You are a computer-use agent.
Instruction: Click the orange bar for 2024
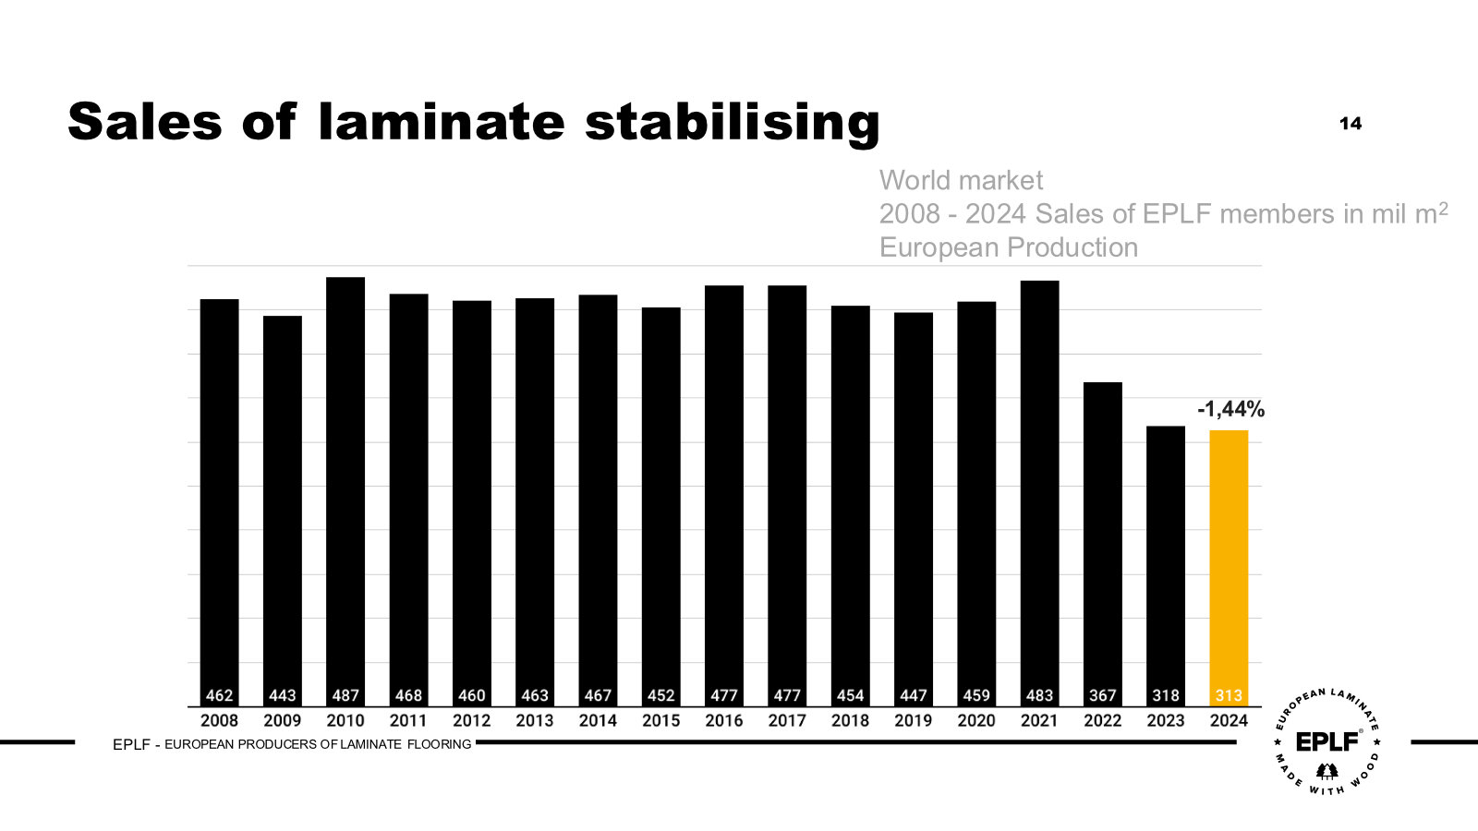[x=1229, y=563]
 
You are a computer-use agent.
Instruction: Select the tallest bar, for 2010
[x=345, y=489]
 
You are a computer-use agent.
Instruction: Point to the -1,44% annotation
[x=1230, y=409]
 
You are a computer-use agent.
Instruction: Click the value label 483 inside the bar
[x=1039, y=695]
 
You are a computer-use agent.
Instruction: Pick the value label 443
[x=283, y=695]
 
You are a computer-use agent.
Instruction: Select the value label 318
[x=1166, y=695]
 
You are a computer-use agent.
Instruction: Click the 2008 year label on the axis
[x=219, y=720]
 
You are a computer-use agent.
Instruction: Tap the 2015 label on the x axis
[x=660, y=720]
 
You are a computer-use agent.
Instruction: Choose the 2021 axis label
[x=1039, y=720]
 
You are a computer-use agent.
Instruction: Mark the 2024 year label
[x=1229, y=720]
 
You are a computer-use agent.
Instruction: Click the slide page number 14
[x=1351, y=124]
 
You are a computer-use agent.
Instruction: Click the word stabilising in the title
[x=732, y=123]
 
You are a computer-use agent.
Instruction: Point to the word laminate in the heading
[x=440, y=121]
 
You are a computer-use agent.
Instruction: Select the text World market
[x=961, y=180]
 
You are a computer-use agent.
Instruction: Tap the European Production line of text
[x=1008, y=247]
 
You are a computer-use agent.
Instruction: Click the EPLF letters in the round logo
[x=1327, y=741]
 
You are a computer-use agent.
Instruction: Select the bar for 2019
[x=914, y=508]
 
